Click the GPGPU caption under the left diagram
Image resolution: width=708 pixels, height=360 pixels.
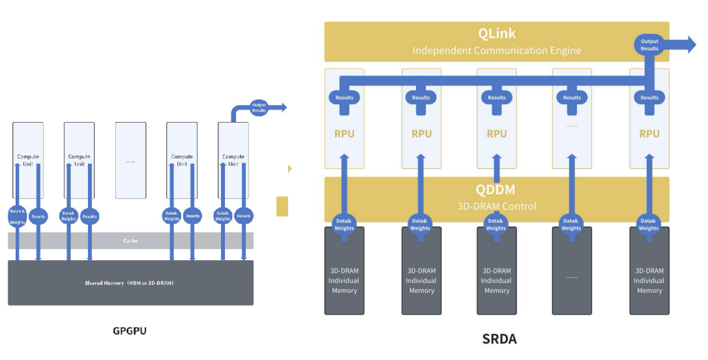click(x=130, y=331)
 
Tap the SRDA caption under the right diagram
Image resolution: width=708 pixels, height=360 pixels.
click(x=500, y=338)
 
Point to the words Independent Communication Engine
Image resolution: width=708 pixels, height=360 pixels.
click(x=497, y=50)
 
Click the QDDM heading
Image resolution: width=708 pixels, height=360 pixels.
click(x=495, y=190)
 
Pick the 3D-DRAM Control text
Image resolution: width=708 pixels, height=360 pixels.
click(x=496, y=206)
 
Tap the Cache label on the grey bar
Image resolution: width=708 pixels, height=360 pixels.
click(x=130, y=241)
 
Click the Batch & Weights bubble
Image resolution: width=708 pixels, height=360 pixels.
click(x=18, y=216)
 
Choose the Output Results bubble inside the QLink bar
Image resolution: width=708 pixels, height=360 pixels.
click(x=649, y=44)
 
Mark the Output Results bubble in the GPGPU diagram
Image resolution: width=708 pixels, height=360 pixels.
click(x=259, y=107)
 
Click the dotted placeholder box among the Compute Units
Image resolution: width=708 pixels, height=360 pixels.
click(x=130, y=160)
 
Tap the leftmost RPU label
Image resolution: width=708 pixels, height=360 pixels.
click(x=346, y=134)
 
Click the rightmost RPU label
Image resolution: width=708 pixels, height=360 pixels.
click(x=649, y=134)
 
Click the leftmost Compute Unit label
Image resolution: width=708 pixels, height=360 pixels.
click(x=28, y=160)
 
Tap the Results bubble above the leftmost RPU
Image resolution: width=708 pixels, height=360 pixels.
click(x=345, y=97)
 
